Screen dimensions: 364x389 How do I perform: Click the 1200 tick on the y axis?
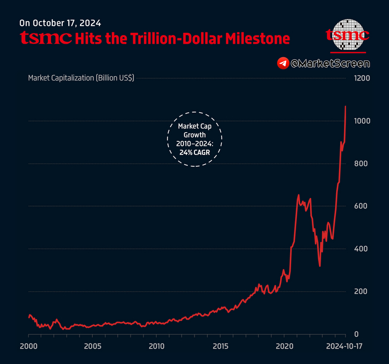[x=363, y=78]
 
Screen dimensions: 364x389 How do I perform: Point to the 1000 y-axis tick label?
[x=363, y=121]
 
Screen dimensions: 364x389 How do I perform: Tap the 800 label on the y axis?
[x=361, y=164]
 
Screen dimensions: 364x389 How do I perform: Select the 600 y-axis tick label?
[x=361, y=206]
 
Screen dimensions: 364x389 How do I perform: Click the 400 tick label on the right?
[x=361, y=249]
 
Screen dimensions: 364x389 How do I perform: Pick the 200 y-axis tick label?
[x=361, y=292]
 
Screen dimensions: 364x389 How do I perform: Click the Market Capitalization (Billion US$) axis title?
[x=81, y=78]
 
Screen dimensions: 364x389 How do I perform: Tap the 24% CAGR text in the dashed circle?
[x=194, y=152]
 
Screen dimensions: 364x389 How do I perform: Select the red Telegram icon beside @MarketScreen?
[x=283, y=63]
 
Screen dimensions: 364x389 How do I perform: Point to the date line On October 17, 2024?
[x=60, y=23]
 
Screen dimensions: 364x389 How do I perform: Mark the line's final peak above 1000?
[x=346, y=106]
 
